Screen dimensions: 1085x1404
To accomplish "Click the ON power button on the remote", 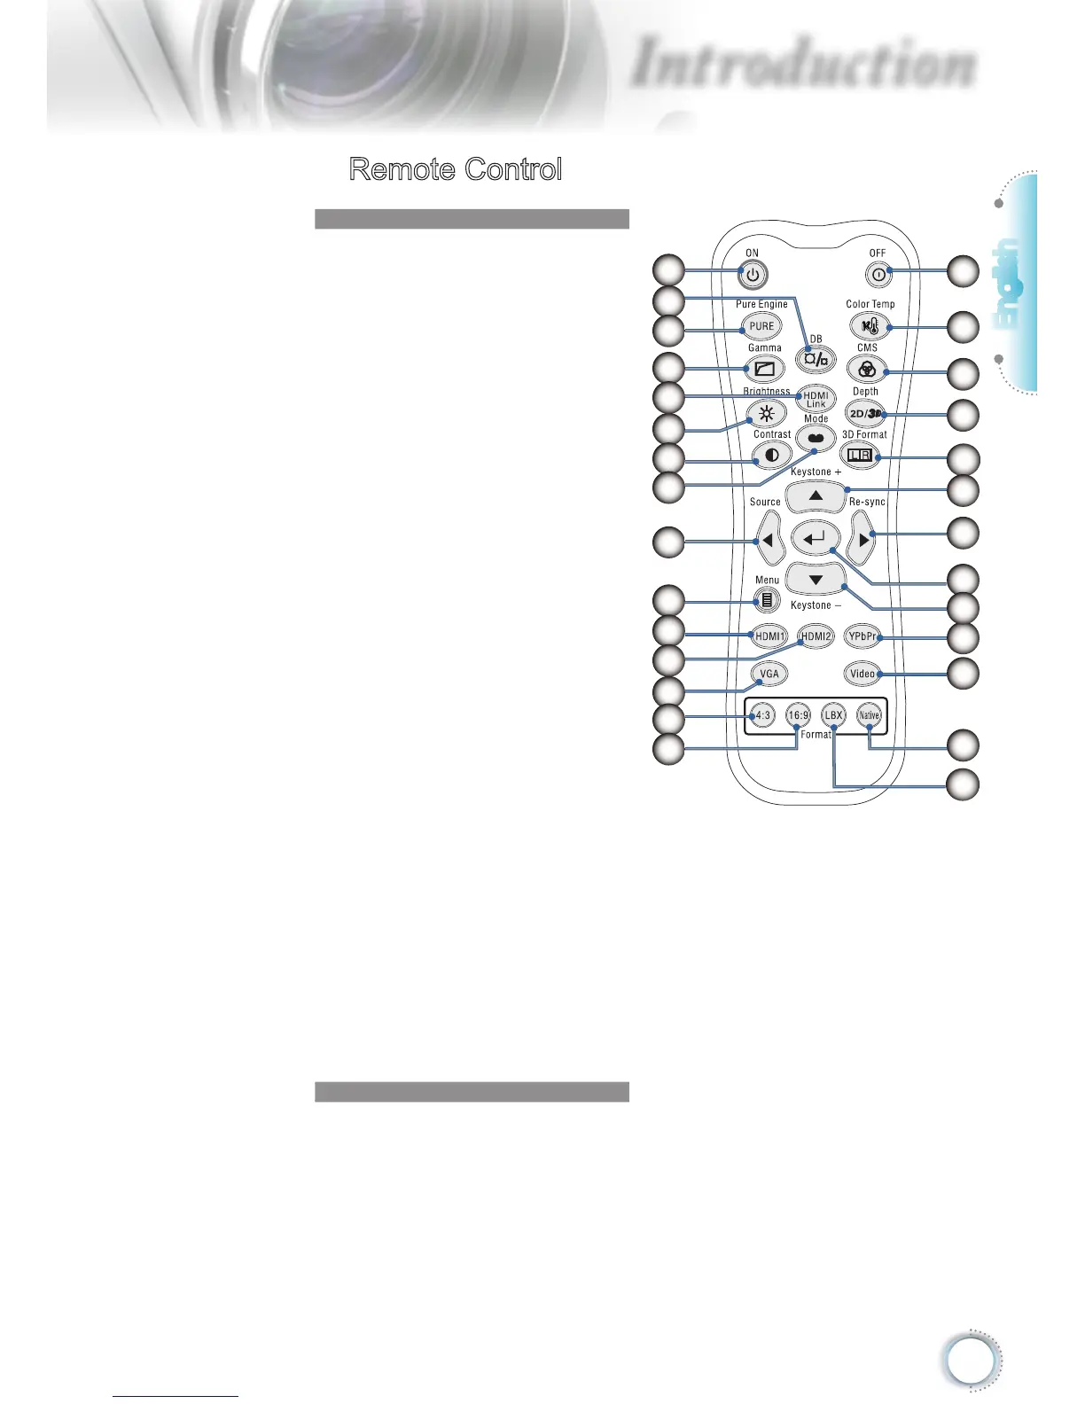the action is (753, 276).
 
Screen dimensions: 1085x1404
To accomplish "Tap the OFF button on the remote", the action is (878, 275).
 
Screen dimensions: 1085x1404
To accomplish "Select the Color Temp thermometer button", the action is (869, 326).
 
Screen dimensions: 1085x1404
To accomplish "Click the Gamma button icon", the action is (764, 369).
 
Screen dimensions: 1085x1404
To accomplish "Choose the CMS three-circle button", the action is (867, 370).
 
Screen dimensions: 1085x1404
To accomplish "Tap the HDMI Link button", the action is (816, 400).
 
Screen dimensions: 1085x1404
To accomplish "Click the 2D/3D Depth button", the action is (866, 413).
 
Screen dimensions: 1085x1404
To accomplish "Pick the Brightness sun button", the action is (767, 413).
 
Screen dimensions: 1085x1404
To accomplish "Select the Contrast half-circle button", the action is (771, 456).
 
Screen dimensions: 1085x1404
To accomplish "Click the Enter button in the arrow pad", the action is (816, 538).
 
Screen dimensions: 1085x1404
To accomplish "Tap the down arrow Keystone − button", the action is (816, 581).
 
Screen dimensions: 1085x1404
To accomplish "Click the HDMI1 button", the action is (769, 636).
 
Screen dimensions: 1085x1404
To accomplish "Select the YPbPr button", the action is (862, 636).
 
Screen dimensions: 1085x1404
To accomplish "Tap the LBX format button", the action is (833, 715).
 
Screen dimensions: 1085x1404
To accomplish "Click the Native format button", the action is (869, 715).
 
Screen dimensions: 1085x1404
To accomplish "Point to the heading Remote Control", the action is (456, 169).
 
